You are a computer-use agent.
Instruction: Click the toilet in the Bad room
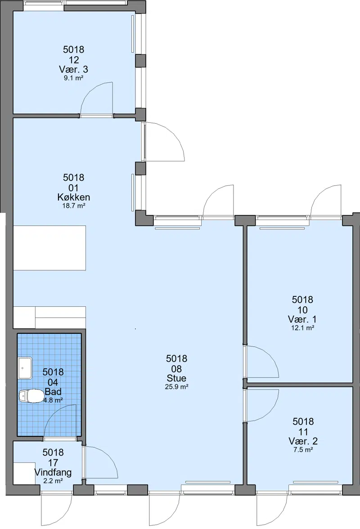click(x=29, y=396)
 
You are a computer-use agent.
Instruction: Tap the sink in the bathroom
click(x=25, y=368)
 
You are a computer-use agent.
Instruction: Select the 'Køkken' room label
click(x=73, y=197)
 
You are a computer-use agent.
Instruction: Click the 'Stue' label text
click(x=176, y=378)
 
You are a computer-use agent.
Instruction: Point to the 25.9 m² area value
click(x=176, y=387)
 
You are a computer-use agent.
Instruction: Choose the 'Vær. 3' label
click(x=73, y=69)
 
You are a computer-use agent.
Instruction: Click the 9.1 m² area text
click(x=73, y=78)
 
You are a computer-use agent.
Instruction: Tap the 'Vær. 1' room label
click(x=302, y=319)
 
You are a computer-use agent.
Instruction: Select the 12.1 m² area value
click(x=303, y=327)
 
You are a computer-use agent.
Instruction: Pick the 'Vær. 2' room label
click(x=303, y=441)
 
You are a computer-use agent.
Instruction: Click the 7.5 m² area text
click(x=303, y=450)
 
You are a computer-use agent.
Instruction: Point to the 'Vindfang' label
click(x=53, y=472)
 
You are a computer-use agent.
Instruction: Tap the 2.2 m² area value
click(x=53, y=481)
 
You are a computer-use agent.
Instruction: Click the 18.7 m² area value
click(x=73, y=206)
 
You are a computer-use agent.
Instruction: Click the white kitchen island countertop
click(x=49, y=248)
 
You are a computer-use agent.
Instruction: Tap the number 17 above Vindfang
click(x=53, y=462)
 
